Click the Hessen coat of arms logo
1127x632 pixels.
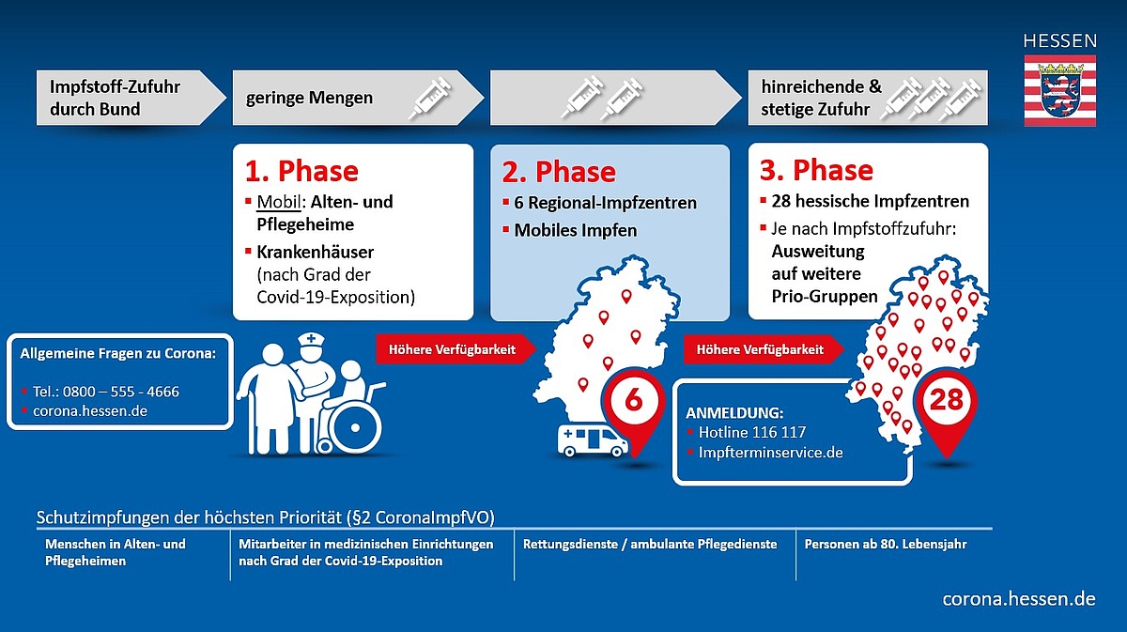click(x=1060, y=90)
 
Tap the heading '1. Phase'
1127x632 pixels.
click(x=301, y=171)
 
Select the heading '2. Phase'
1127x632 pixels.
click(x=559, y=172)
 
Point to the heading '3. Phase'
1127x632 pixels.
click(x=816, y=170)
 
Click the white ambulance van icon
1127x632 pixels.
click(x=593, y=440)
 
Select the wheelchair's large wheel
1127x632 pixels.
click(x=355, y=427)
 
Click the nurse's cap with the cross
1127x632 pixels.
click(x=311, y=339)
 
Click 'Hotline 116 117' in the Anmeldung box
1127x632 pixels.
click(x=752, y=432)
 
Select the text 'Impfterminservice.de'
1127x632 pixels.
click(x=770, y=453)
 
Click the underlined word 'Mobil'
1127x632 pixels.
click(x=279, y=202)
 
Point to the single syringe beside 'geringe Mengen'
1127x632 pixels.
click(x=430, y=98)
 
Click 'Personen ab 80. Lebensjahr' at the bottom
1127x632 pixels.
click(x=886, y=544)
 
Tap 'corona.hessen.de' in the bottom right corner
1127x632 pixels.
click(x=1019, y=599)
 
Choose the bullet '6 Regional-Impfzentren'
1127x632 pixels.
click(x=605, y=203)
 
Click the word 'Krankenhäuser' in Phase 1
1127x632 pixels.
click(x=315, y=252)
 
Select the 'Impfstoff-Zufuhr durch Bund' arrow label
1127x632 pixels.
click(x=115, y=98)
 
